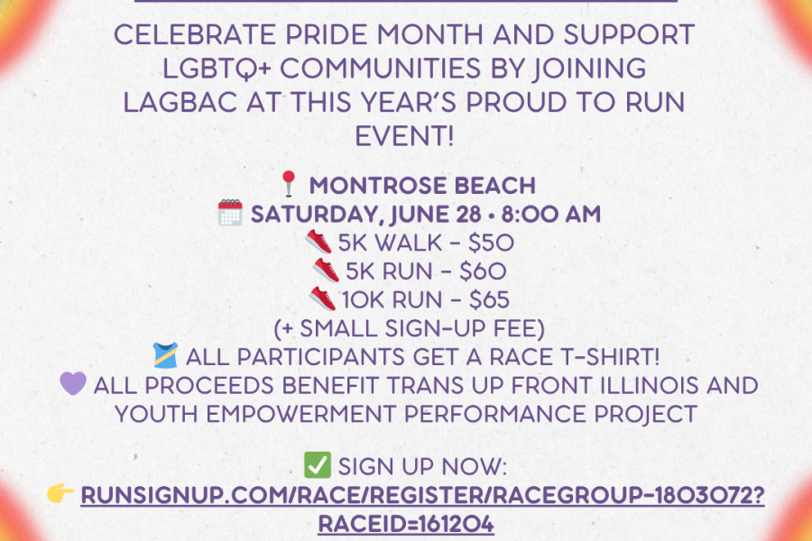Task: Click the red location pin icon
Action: [289, 184]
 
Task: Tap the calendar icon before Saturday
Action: [230, 213]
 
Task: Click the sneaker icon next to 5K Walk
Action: [318, 242]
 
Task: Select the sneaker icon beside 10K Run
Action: [323, 299]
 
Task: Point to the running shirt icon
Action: [166, 355]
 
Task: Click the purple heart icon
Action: [73, 383]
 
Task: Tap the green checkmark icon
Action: [317, 464]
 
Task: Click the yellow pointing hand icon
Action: [60, 493]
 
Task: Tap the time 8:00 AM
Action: [551, 215]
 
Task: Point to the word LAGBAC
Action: [180, 102]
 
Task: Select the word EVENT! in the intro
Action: [404, 136]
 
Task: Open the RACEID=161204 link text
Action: [406, 523]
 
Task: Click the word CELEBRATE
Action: [195, 35]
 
